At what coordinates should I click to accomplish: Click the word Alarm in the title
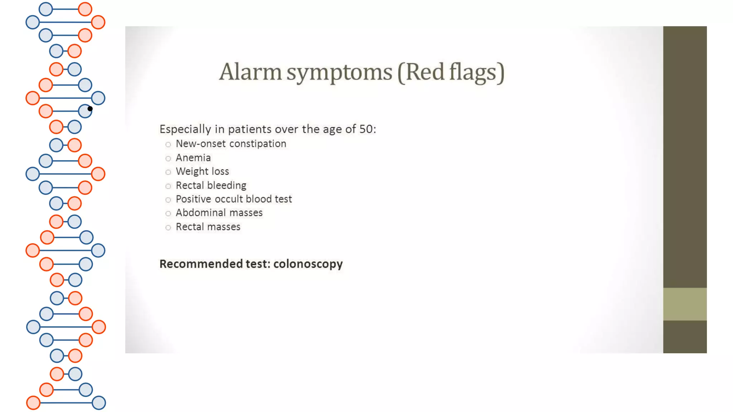tap(250, 72)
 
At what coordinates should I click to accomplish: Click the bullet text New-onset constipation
tap(231, 144)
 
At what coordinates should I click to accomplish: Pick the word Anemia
tap(193, 158)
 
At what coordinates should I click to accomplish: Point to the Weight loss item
tap(202, 171)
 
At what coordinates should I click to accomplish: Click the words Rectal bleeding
tap(211, 185)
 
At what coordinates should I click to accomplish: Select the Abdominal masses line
tap(219, 213)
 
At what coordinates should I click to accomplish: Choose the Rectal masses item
tap(208, 227)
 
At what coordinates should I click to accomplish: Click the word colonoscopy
tap(308, 264)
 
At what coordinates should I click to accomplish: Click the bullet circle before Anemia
tap(168, 158)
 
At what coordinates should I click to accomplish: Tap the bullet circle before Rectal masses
tap(168, 227)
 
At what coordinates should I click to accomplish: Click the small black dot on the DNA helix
tap(90, 109)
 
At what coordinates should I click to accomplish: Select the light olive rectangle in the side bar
tap(685, 304)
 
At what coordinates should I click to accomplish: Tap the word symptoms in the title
tap(339, 72)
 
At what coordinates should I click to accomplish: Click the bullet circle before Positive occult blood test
tap(168, 200)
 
